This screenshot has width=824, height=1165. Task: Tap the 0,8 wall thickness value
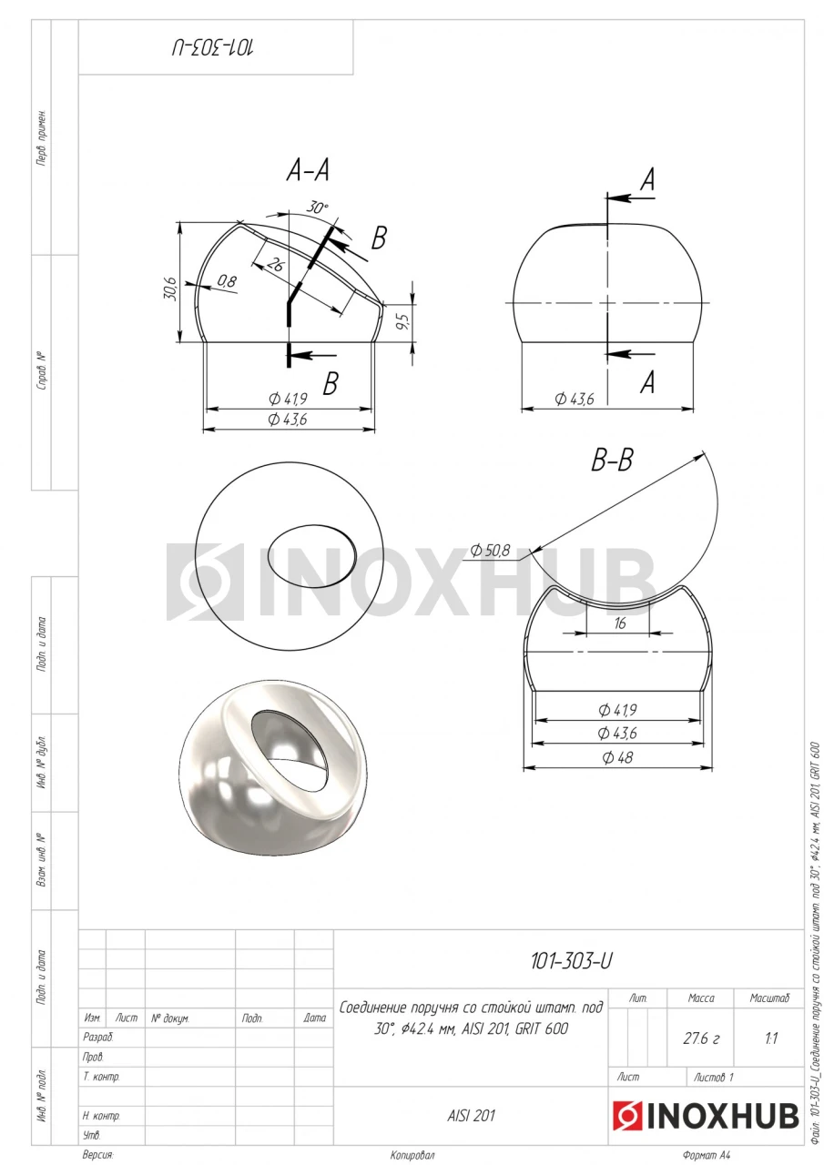(x=227, y=282)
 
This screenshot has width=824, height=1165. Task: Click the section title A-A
(x=308, y=170)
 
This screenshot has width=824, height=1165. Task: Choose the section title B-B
(x=612, y=461)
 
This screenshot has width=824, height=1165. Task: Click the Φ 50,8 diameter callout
(x=490, y=550)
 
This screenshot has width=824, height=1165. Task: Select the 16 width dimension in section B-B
(x=619, y=623)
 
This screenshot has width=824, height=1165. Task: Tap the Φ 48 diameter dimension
(x=617, y=756)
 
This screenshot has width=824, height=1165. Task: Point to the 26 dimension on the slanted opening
(x=275, y=265)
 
